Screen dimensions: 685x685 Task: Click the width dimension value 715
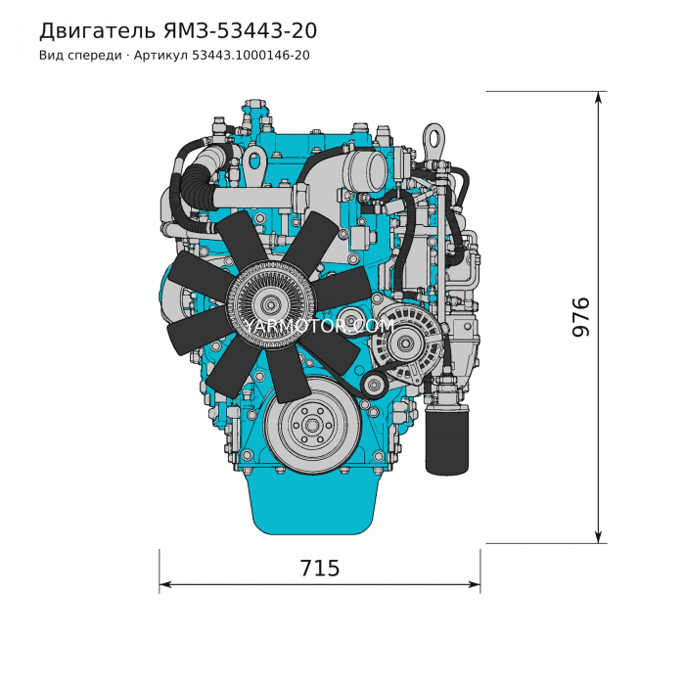point(319,569)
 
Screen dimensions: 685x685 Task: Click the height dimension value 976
point(581,317)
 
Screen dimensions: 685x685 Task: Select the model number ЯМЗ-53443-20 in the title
point(241,30)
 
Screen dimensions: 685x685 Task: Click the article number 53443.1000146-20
point(251,56)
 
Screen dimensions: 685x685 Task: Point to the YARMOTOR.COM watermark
point(319,326)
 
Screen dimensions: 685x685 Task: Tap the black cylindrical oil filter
point(446,440)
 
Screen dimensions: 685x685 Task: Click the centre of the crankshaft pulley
point(312,425)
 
